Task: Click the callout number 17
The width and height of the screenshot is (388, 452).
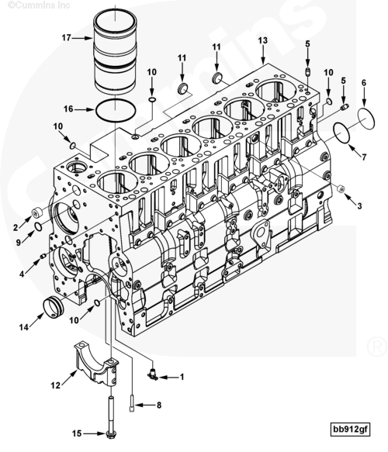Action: (x=66, y=38)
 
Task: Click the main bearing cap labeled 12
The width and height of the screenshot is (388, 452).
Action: (x=96, y=363)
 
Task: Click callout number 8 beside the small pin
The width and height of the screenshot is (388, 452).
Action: (x=158, y=405)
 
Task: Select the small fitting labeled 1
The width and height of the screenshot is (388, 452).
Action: (x=152, y=374)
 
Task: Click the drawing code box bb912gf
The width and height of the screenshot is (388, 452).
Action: (x=350, y=429)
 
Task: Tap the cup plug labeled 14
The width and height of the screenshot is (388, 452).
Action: (x=53, y=308)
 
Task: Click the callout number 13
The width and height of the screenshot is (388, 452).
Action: (x=263, y=40)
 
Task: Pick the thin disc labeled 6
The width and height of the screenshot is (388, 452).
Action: (x=366, y=118)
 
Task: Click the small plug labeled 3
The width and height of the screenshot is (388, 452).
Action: (x=341, y=188)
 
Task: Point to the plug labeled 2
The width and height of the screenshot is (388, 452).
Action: (x=36, y=212)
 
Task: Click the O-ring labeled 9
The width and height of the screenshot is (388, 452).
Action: (x=38, y=227)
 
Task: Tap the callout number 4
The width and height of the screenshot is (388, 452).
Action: (x=22, y=274)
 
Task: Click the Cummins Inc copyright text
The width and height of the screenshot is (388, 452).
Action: (x=39, y=5)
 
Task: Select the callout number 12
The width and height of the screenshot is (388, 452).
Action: (x=56, y=385)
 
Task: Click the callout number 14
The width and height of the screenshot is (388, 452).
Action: (x=24, y=327)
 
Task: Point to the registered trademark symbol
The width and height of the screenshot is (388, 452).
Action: (x=376, y=347)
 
